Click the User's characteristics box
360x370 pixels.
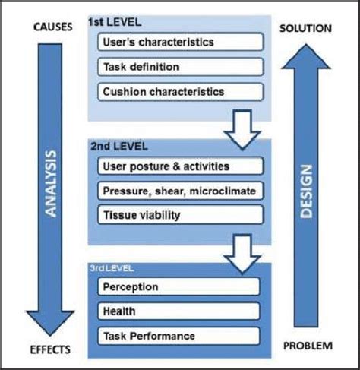pos(179,42)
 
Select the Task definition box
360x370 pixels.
pos(179,67)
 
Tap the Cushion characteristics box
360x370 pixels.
pos(179,92)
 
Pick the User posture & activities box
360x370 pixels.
pos(179,165)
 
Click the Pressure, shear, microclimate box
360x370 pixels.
pos(179,190)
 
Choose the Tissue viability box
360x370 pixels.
pos(179,215)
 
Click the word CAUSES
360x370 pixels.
pos(52,27)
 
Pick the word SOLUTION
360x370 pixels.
pos(306,28)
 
